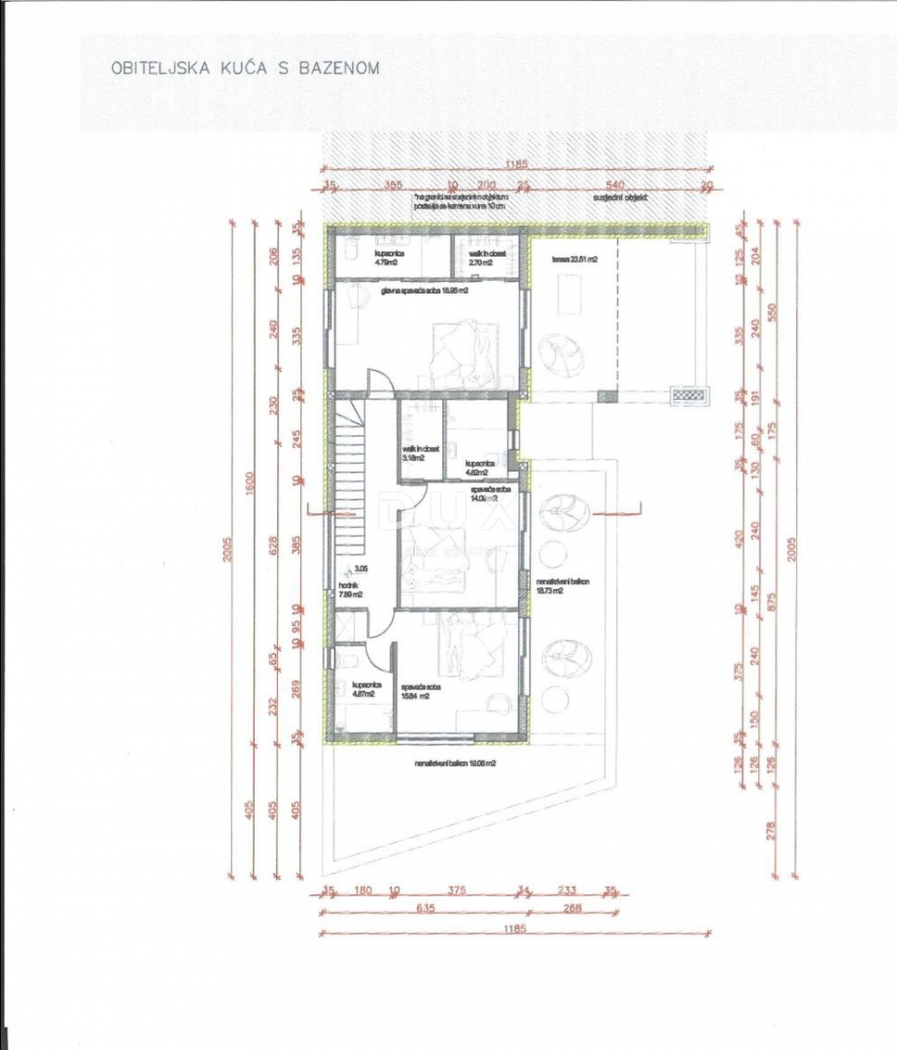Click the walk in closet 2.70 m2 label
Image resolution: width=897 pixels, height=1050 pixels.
(481, 257)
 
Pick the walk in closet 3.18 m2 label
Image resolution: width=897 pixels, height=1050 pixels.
(421, 453)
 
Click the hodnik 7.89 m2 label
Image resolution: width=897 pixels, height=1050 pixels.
(350, 590)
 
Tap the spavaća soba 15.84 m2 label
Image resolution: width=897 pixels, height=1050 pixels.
(425, 690)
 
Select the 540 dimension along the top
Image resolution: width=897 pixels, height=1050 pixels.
(613, 184)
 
